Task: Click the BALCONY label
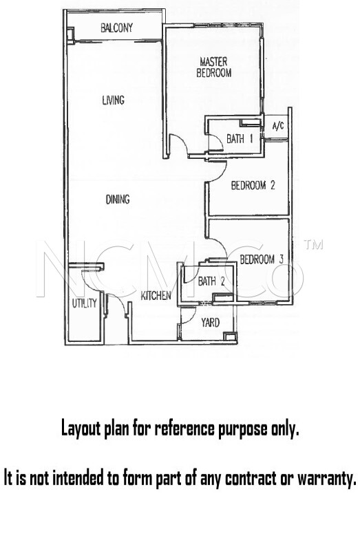click(x=116, y=28)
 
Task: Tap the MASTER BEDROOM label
click(x=214, y=67)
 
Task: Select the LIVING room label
click(x=114, y=100)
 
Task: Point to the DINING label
click(x=118, y=199)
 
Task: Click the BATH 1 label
click(x=240, y=139)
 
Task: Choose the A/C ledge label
click(x=278, y=126)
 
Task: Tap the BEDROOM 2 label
click(x=253, y=186)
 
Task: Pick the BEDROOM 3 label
click(x=262, y=259)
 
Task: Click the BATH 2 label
click(x=211, y=281)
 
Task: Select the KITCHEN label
click(x=156, y=296)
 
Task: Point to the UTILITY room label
click(x=85, y=303)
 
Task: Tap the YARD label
click(x=211, y=323)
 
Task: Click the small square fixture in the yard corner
click(x=228, y=336)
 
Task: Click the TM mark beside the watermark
click(x=314, y=244)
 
